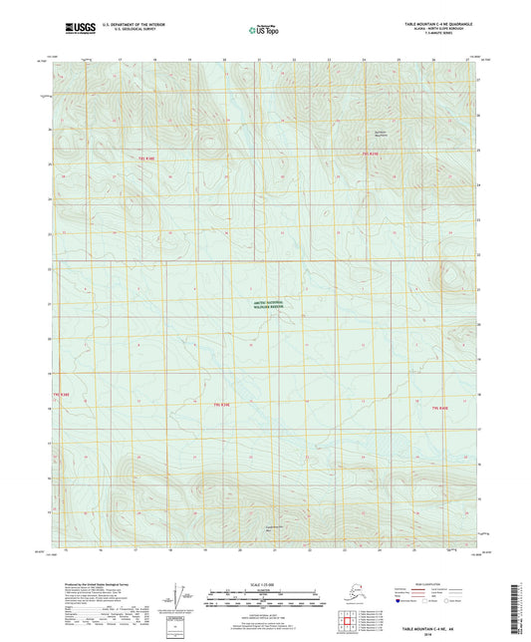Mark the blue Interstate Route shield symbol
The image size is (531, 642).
[x=398, y=601]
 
